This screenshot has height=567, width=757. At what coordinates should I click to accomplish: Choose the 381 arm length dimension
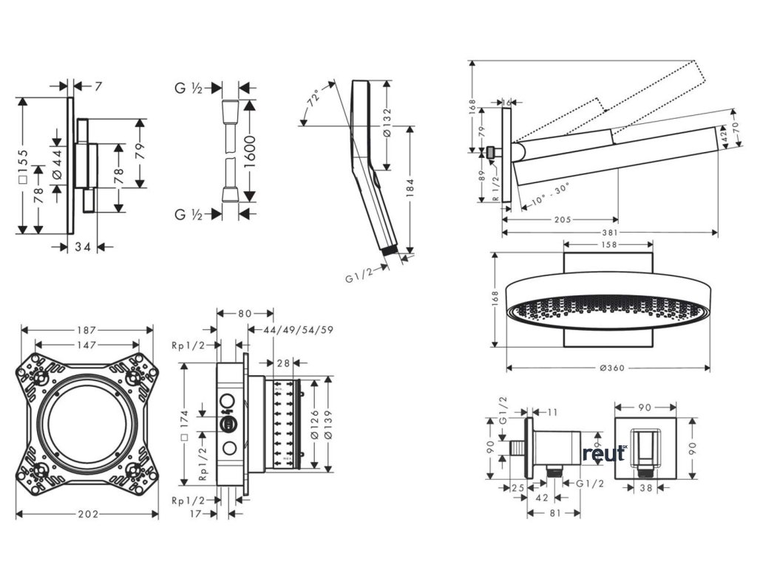pos(610,233)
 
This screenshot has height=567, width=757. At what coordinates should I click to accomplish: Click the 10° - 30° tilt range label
pos(546,196)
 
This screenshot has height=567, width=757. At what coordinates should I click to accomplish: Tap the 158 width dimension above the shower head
pos(609,244)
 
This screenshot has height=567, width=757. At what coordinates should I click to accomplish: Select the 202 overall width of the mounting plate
pos(86,515)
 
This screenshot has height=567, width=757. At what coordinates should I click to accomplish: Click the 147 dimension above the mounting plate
pos(86,344)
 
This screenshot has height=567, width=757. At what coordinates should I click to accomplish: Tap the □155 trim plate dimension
pos(23,168)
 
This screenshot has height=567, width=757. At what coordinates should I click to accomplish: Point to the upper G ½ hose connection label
pos(189,88)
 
